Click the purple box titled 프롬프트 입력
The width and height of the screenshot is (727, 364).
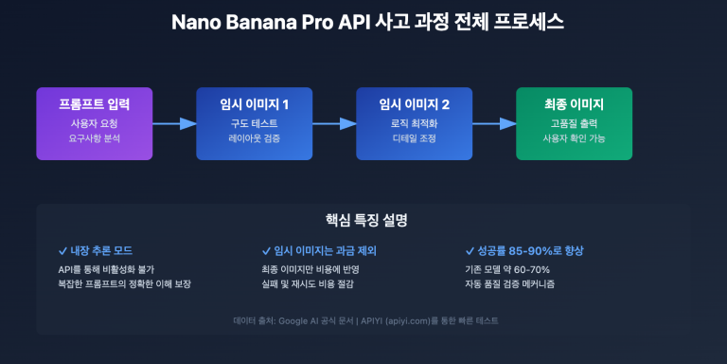click(x=94, y=123)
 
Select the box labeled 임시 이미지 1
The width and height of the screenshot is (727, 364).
click(x=254, y=123)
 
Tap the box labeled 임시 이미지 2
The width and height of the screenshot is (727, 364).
click(x=414, y=123)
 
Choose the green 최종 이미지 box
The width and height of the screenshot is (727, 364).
click(x=574, y=123)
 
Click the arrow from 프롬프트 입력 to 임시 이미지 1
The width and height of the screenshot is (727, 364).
click(x=173, y=123)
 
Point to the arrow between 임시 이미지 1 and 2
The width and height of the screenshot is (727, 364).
click(x=333, y=123)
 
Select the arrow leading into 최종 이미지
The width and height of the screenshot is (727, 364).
click(x=493, y=123)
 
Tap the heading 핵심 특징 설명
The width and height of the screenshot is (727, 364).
click(x=363, y=220)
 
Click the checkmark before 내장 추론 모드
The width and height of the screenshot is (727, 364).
click(x=62, y=250)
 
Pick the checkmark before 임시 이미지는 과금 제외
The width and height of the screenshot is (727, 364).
click(x=266, y=250)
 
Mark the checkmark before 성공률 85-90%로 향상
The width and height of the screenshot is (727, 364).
click(x=470, y=250)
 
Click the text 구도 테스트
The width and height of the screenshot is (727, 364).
click(x=254, y=123)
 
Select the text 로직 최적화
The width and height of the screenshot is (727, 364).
click(x=414, y=123)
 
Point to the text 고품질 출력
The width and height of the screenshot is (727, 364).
click(x=574, y=123)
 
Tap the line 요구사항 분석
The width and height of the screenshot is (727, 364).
click(x=94, y=138)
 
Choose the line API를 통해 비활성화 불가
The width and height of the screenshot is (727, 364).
click(x=106, y=269)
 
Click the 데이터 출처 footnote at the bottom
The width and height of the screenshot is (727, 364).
click(x=363, y=320)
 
